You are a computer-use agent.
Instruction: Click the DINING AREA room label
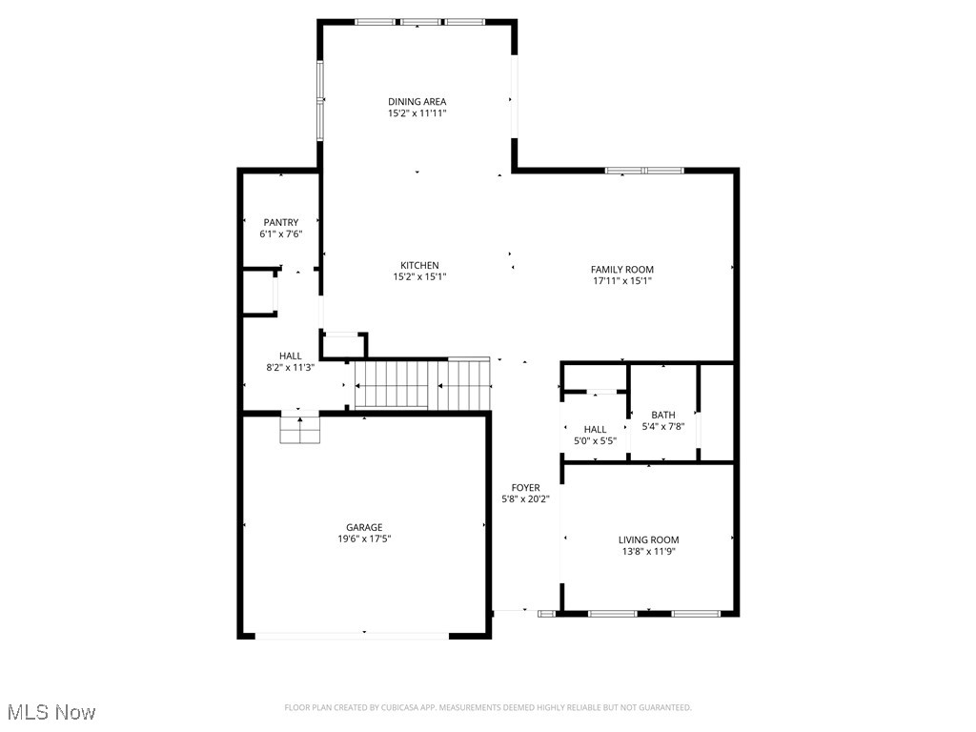(x=417, y=101)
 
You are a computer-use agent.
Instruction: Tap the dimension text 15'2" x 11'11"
(x=417, y=113)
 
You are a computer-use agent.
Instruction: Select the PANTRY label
(x=281, y=222)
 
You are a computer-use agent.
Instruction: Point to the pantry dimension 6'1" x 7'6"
(x=281, y=234)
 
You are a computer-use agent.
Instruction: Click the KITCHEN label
(x=419, y=265)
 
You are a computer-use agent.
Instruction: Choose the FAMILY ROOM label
(x=621, y=270)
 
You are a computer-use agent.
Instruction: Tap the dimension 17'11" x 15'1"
(x=621, y=281)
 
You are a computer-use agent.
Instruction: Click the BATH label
(x=663, y=415)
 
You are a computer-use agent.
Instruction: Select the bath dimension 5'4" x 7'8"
(x=663, y=427)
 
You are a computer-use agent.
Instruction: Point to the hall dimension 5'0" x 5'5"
(x=595, y=441)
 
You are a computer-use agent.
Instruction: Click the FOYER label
(x=525, y=487)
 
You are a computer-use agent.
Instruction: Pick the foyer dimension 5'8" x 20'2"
(x=525, y=498)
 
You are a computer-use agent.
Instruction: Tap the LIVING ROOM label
(x=648, y=539)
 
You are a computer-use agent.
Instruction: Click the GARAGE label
(x=364, y=527)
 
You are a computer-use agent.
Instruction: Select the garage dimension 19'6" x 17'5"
(x=364, y=539)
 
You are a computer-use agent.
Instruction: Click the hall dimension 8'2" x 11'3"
(x=291, y=368)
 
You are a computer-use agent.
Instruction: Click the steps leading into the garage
(x=299, y=431)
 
